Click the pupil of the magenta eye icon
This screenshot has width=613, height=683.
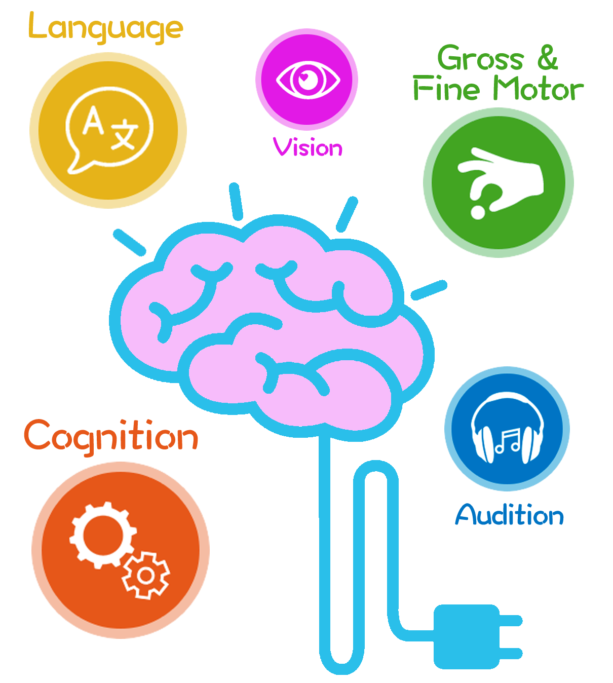(x=307, y=79)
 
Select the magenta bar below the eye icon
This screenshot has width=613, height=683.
(x=308, y=146)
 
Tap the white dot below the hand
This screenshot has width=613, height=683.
(x=478, y=211)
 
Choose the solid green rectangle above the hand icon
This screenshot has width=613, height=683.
(x=498, y=72)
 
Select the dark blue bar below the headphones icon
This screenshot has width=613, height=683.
(x=508, y=514)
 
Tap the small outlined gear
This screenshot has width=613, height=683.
(x=146, y=576)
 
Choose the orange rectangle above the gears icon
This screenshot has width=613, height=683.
(x=109, y=438)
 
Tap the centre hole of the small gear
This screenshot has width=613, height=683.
(x=146, y=576)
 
